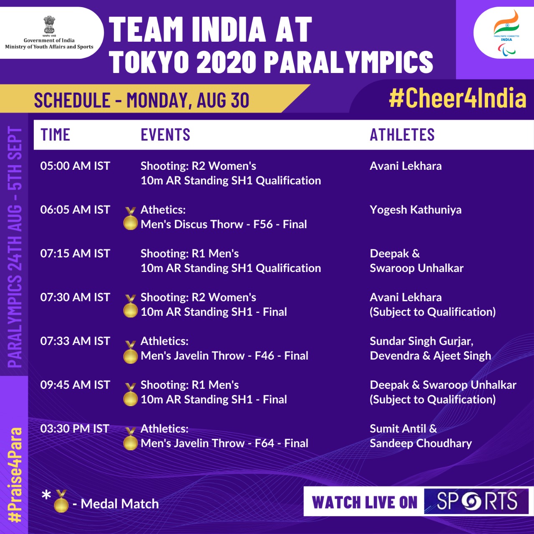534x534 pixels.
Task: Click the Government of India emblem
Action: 49,25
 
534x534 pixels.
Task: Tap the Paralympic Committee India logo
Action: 506,33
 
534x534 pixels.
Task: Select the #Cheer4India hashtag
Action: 458,98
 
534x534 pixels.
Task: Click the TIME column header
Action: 55,135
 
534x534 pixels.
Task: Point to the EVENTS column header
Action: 166,135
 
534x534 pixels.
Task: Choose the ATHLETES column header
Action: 402,135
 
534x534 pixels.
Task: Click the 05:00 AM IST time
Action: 75,166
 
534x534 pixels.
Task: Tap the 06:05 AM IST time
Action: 75,210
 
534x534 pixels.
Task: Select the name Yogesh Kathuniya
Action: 416,210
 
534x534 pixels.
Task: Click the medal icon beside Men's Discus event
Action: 130,219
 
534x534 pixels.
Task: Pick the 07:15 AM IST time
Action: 75,254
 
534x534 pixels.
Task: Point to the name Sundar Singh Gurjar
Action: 421,341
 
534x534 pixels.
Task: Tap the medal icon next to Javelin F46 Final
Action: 130,352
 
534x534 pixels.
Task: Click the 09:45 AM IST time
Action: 75,385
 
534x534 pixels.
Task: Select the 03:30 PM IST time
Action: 75,429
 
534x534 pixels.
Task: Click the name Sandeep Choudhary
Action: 421,443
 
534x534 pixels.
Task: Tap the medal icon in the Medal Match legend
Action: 61,501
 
